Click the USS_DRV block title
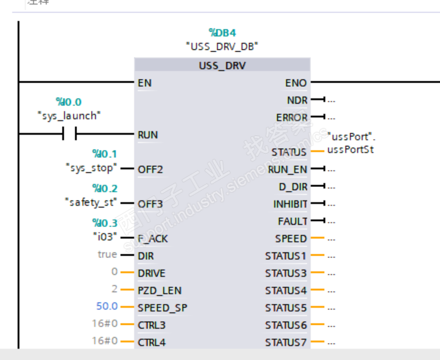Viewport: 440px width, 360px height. pos(222,65)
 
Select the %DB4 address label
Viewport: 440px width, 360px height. pos(222,32)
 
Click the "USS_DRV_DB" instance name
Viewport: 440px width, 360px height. pos(222,46)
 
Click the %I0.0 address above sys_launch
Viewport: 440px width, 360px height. pos(69,102)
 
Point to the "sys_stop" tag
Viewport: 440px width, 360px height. pos(90,168)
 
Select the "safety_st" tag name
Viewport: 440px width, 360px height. pos(90,202)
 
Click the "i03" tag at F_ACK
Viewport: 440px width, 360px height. pos(104,236)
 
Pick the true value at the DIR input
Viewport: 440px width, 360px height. pos(107,254)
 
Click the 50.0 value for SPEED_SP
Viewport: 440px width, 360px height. pos(106,307)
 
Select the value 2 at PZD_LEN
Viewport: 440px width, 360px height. pos(114,290)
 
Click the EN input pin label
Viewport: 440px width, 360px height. pos(144,82)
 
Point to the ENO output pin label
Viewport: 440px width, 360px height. pos(296,83)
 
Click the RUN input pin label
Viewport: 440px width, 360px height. pos(147,135)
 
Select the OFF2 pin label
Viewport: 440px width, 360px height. pos(150,169)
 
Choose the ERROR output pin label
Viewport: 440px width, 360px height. pos(292,117)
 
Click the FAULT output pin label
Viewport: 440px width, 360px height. pos(293,221)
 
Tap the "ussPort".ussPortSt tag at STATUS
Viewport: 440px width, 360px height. pos(350,143)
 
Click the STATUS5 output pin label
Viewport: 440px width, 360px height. pos(286,308)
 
